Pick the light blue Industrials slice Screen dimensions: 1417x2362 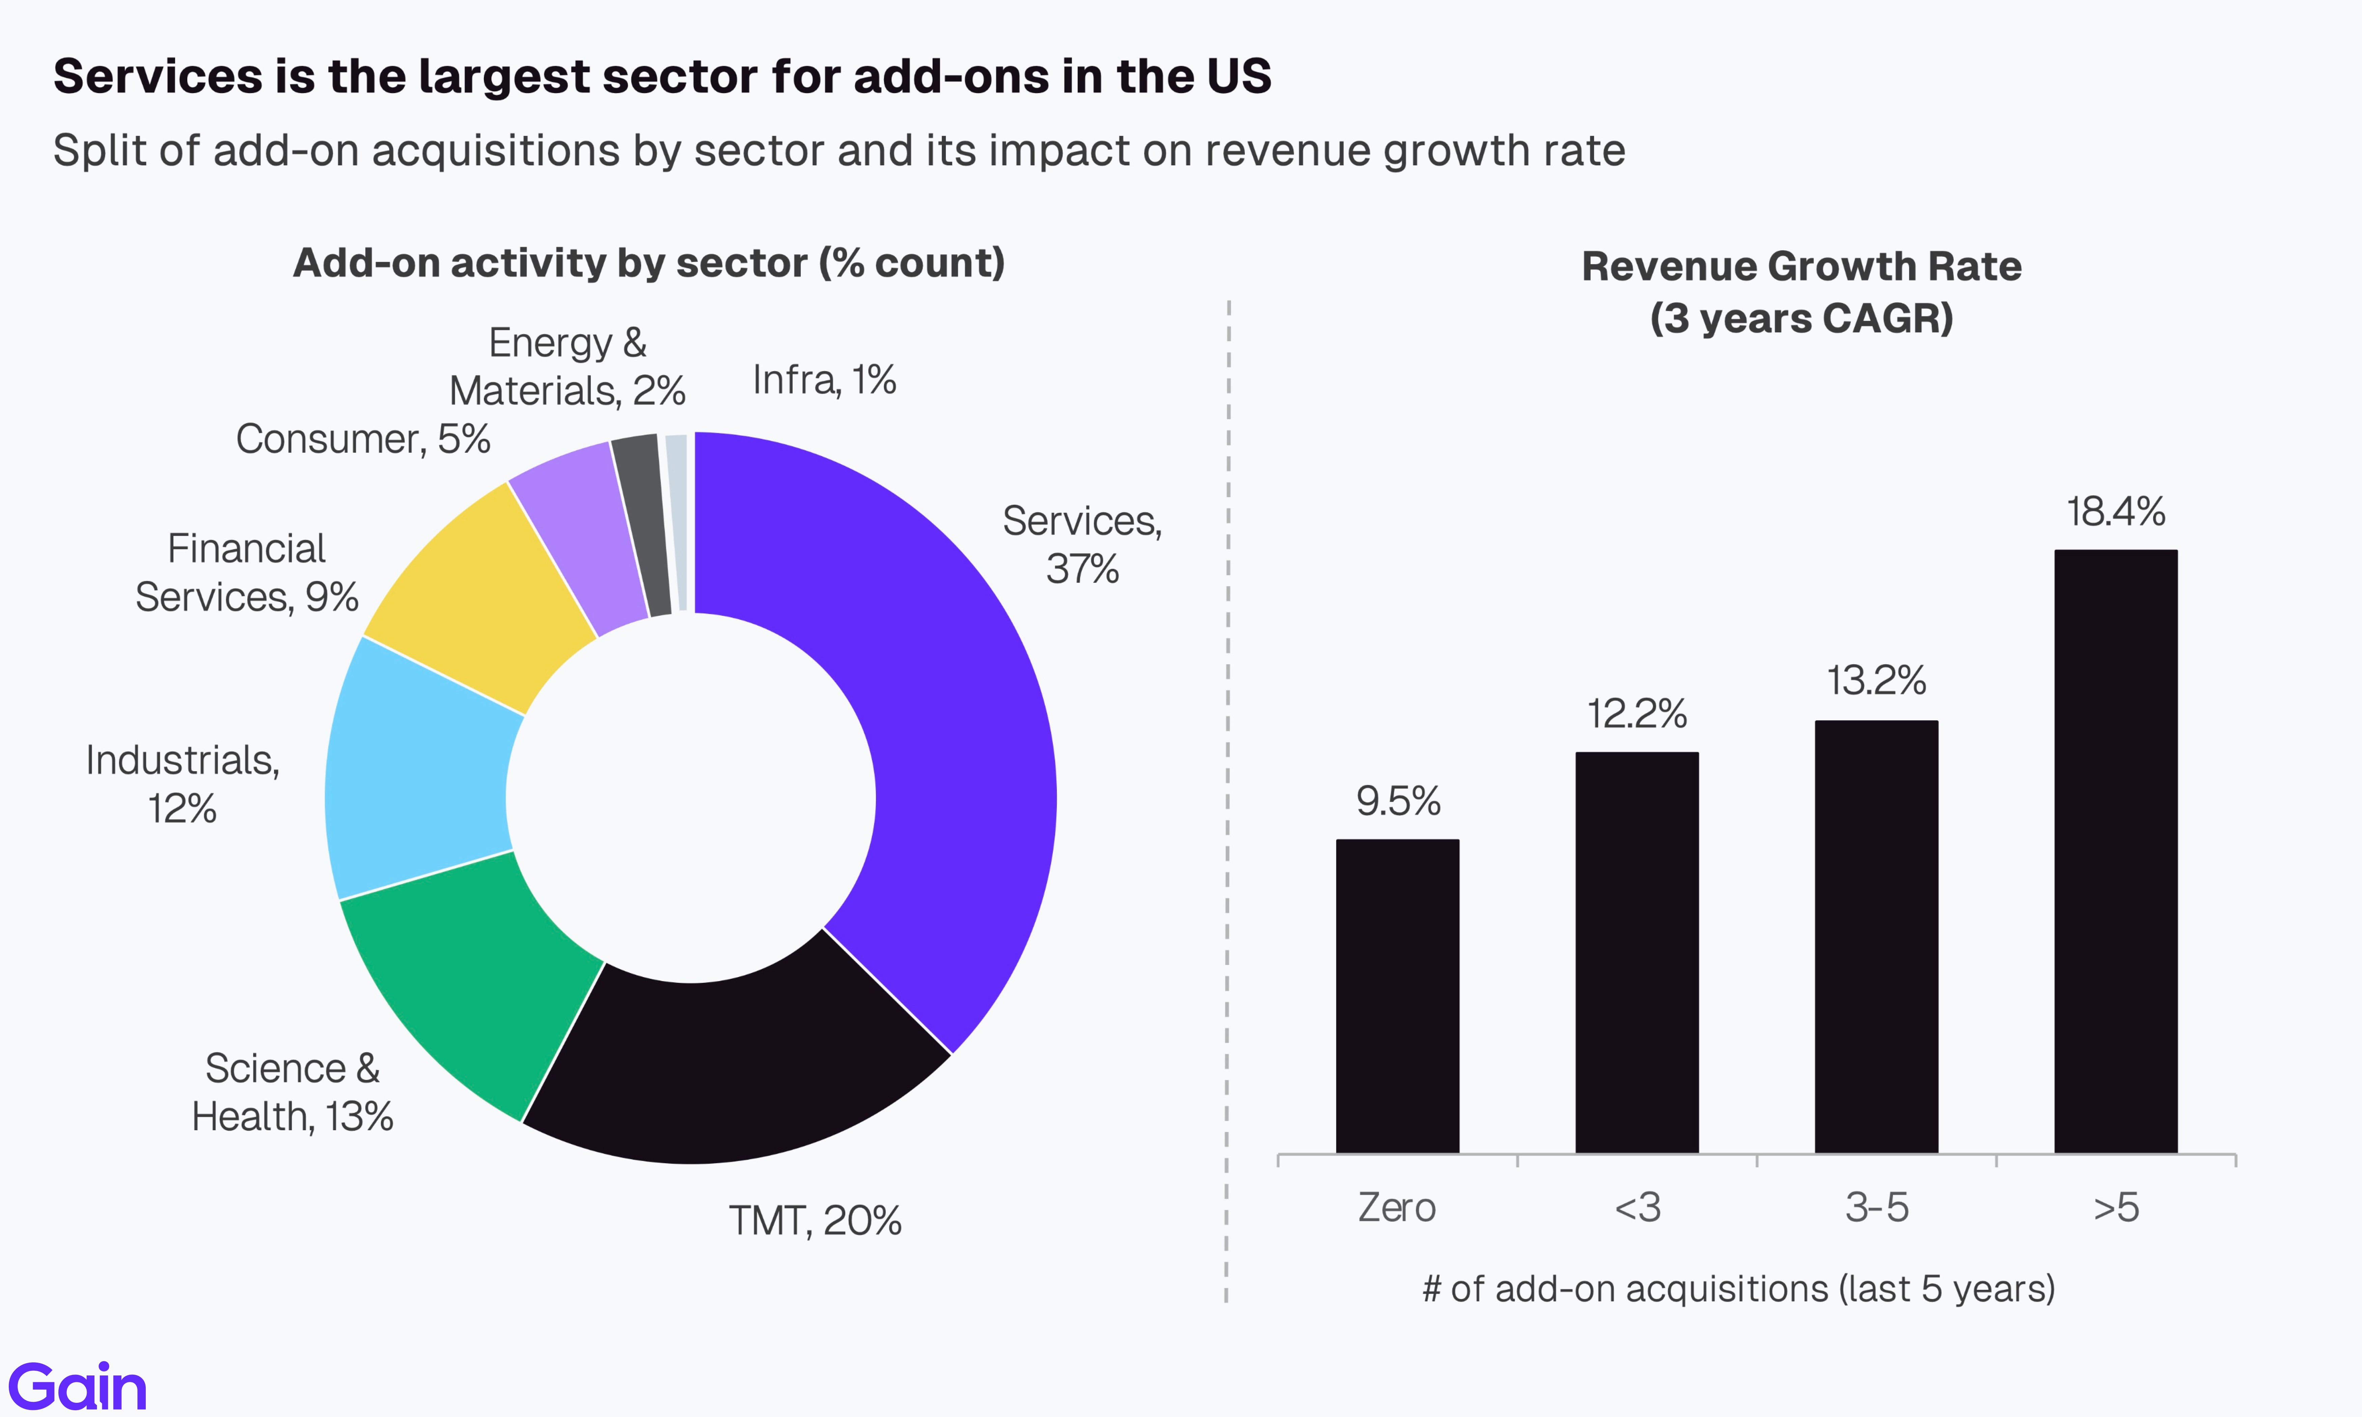420,773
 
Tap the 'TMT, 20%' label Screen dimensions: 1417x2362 815,1220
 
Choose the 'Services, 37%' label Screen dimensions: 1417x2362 1082,544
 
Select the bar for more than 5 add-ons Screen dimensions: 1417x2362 2116,850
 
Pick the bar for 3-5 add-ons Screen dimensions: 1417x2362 1876,936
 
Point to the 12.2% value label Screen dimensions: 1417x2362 1637,713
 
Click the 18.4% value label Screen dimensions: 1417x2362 2116,512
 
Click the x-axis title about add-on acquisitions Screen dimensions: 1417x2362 1738,1289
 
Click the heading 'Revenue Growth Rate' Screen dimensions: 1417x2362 1801,267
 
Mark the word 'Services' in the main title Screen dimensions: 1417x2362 158,76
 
